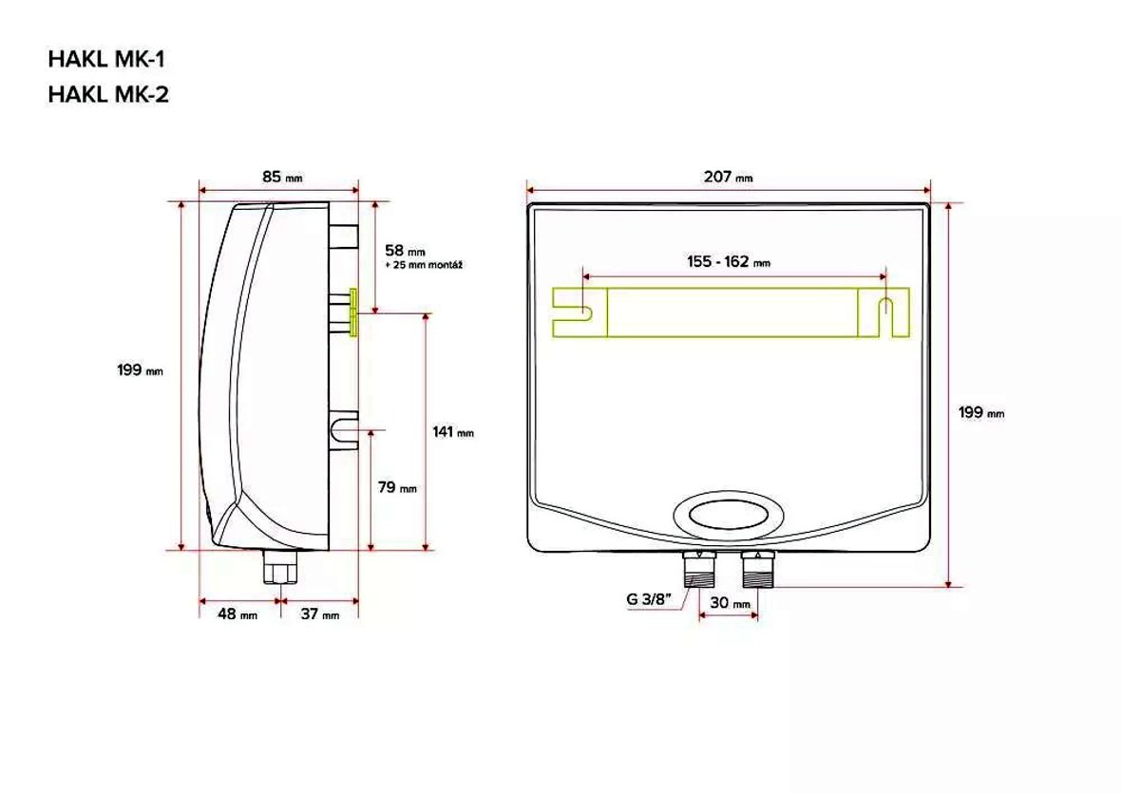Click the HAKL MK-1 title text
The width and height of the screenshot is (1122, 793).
click(x=106, y=59)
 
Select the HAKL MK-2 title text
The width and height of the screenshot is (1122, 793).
click(x=108, y=94)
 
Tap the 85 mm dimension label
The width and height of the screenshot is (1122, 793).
click(x=282, y=176)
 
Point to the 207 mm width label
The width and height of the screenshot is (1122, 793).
click(x=729, y=176)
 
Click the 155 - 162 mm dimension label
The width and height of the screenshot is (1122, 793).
click(x=729, y=262)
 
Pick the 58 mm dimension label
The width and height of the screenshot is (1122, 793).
click(x=405, y=251)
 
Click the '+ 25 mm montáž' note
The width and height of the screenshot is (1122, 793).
click(x=424, y=265)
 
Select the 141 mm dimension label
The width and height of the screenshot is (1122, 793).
click(x=453, y=432)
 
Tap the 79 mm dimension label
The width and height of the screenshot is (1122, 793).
click(x=397, y=487)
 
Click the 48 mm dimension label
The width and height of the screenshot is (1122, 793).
click(x=238, y=614)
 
